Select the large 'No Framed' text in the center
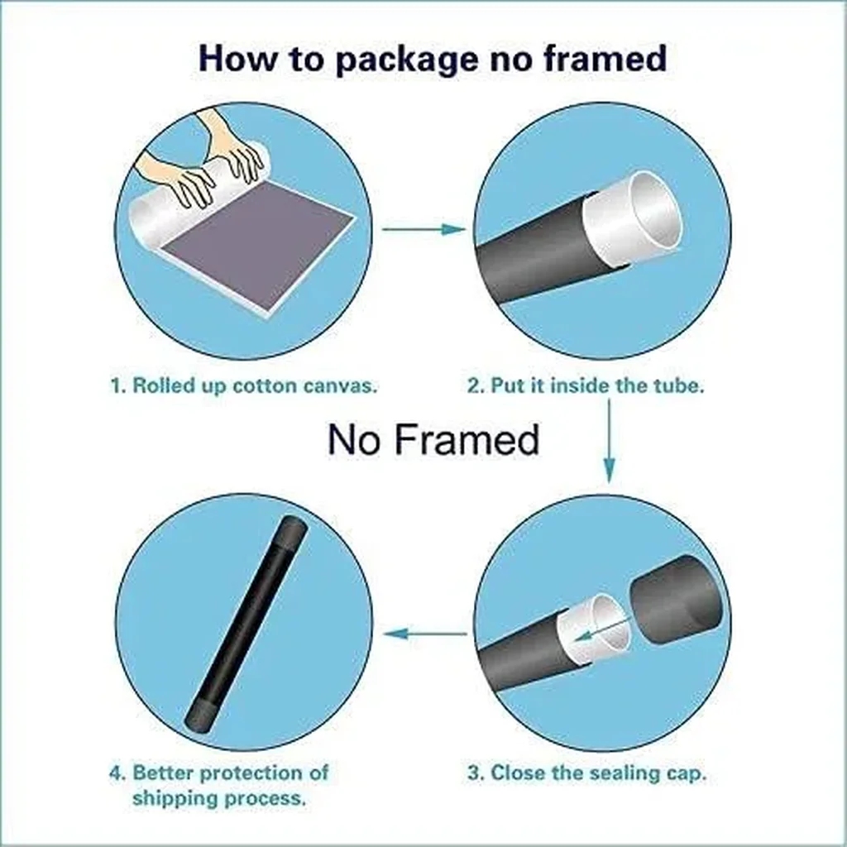coord(433,439)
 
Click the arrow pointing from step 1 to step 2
coord(423,229)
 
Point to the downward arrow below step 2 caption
coord(610,441)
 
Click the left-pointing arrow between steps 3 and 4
coord(425,633)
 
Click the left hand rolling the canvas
coord(174,179)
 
